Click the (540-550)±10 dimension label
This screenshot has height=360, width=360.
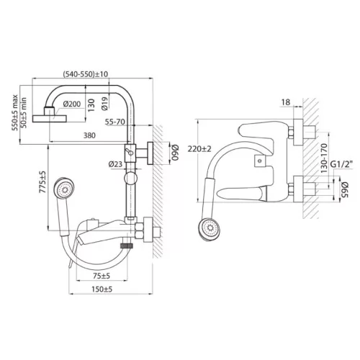pyautogui.click(x=86, y=74)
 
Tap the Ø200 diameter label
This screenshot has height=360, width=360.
pyautogui.click(x=72, y=104)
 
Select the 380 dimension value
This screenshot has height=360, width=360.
pyautogui.click(x=89, y=135)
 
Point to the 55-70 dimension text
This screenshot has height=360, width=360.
pyautogui.click(x=115, y=122)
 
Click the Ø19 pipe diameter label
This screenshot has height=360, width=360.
pyautogui.click(x=105, y=104)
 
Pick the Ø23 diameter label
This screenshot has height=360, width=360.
pyautogui.click(x=115, y=164)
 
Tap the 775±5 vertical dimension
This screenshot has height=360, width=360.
pyautogui.click(x=42, y=182)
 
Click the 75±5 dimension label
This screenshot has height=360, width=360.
pyautogui.click(x=102, y=276)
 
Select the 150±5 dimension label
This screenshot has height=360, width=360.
pyautogui.click(x=102, y=289)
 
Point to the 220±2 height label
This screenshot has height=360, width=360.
pyautogui.click(x=199, y=149)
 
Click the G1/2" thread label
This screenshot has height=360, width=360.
pyautogui.click(x=341, y=164)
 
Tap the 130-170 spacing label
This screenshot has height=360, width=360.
pyautogui.click(x=324, y=158)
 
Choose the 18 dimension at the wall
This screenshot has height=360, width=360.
pyautogui.click(x=286, y=102)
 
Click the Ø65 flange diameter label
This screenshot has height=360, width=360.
pyautogui.click(x=344, y=190)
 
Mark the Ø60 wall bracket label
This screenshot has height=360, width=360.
pyautogui.click(x=175, y=153)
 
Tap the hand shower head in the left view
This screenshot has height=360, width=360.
pyautogui.click(x=64, y=188)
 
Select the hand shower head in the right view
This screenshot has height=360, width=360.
pyautogui.click(x=209, y=228)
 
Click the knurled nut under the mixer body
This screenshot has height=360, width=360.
pyautogui.click(x=127, y=246)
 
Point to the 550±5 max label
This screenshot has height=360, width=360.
pyautogui.click(x=15, y=112)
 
